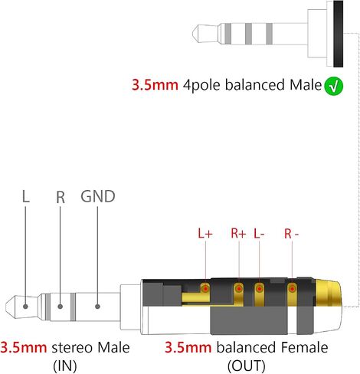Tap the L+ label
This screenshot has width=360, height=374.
[x=205, y=233]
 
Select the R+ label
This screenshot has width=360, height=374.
[x=238, y=233]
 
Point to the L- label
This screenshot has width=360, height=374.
[x=259, y=233]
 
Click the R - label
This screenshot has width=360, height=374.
[x=291, y=234]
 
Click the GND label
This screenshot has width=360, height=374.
[x=98, y=196]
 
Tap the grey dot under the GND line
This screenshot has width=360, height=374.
[x=97, y=307]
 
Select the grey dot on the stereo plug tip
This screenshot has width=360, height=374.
[x=25, y=307]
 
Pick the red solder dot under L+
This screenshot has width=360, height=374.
[x=205, y=289]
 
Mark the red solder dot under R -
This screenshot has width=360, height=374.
[x=292, y=289]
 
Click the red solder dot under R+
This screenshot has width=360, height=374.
[x=239, y=289]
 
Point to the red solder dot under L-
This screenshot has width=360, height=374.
[x=260, y=289]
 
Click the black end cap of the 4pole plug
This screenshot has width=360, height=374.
[x=338, y=34]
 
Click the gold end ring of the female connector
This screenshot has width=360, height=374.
[x=328, y=293]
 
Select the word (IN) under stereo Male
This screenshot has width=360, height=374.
[x=65, y=366]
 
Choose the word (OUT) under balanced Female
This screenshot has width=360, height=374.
[x=246, y=366]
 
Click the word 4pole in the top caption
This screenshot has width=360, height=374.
[x=201, y=85]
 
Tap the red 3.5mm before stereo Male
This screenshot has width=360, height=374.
[x=24, y=348]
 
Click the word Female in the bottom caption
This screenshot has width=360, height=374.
[x=305, y=347]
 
